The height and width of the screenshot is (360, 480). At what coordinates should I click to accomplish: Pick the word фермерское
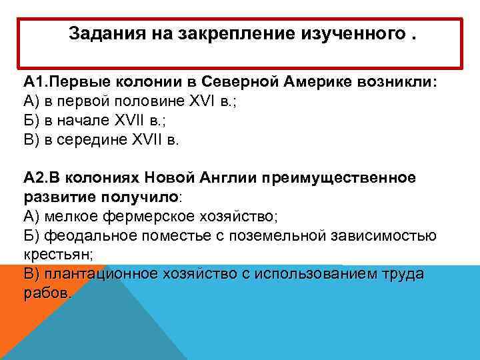pos(145,217)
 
